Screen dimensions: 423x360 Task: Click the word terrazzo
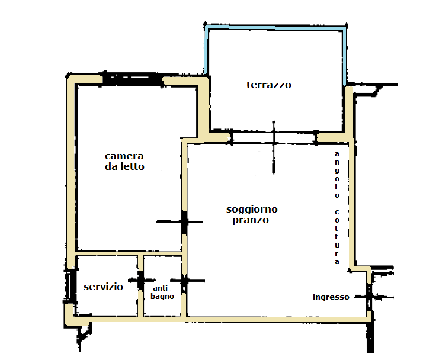pyautogui.click(x=269, y=85)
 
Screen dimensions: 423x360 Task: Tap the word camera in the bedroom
pyautogui.click(x=124, y=156)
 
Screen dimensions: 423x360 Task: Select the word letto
pyautogui.click(x=132, y=166)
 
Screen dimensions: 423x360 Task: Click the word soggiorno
pyautogui.click(x=252, y=210)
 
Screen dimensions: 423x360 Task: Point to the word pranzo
pyautogui.click(x=251, y=220)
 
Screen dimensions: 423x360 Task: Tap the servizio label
pyautogui.click(x=103, y=287)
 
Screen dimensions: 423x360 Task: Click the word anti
pyautogui.click(x=160, y=288)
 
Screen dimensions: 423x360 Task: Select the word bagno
pyautogui.click(x=162, y=297)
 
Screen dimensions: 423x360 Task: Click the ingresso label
pyautogui.click(x=331, y=297)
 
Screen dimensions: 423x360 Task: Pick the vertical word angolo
pyautogui.click(x=337, y=175)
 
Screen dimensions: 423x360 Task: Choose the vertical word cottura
pyautogui.click(x=337, y=236)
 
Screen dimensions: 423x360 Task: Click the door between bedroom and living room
pyautogui.click(x=184, y=222)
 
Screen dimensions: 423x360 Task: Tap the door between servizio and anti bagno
pyautogui.click(x=140, y=281)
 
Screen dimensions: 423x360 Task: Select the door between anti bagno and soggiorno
pyautogui.click(x=184, y=281)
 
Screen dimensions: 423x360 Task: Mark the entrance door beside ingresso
pyautogui.click(x=369, y=297)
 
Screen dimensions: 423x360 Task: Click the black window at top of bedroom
pyautogui.click(x=133, y=79)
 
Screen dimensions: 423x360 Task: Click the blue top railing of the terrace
pyautogui.click(x=275, y=27)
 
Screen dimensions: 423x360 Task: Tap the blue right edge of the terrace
pyautogui.click(x=344, y=56)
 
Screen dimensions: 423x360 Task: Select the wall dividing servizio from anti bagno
pyautogui.click(x=140, y=287)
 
